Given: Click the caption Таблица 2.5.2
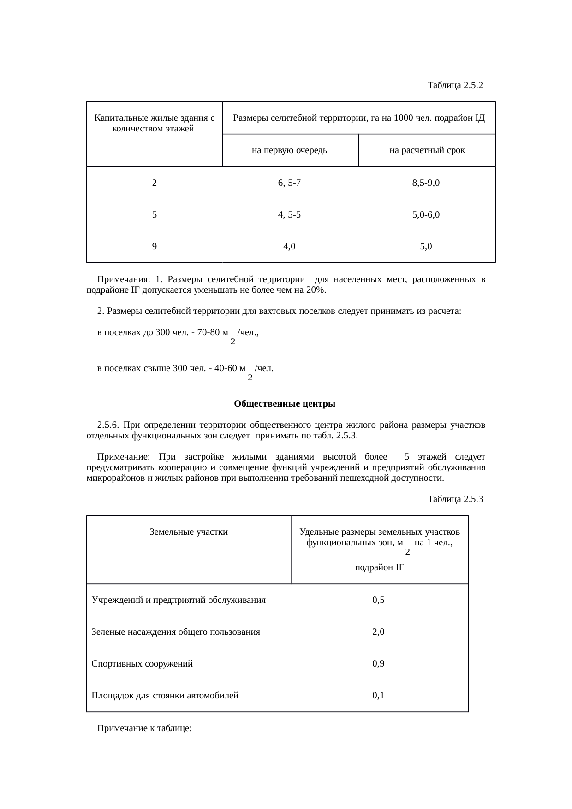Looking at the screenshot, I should pos(455,85).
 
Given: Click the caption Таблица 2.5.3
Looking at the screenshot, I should pos(455,499).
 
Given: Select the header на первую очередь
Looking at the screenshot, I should pos(290,150).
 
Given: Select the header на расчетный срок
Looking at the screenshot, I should pos(427,150).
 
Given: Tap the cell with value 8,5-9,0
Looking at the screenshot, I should pos(426,183).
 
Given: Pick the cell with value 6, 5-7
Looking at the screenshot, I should pos(289,183).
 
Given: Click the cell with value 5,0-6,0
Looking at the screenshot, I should pos(426,214).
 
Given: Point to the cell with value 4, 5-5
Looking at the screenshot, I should pos(289,214).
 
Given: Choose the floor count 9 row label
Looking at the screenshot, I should pos(154,247).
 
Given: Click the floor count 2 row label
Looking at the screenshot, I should pos(154,183).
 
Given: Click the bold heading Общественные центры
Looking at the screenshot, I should pos(285,404).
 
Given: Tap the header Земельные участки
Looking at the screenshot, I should pos(189,532).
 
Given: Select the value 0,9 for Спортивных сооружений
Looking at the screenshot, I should pos(378,664).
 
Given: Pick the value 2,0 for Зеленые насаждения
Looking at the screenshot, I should pos(378,632).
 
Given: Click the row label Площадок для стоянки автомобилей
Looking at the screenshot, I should pos(165,696).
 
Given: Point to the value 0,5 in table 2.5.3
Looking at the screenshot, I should pos(378,600).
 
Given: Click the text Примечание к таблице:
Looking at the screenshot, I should pos(144,729).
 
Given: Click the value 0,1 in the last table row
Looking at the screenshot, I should pos(378,696).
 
